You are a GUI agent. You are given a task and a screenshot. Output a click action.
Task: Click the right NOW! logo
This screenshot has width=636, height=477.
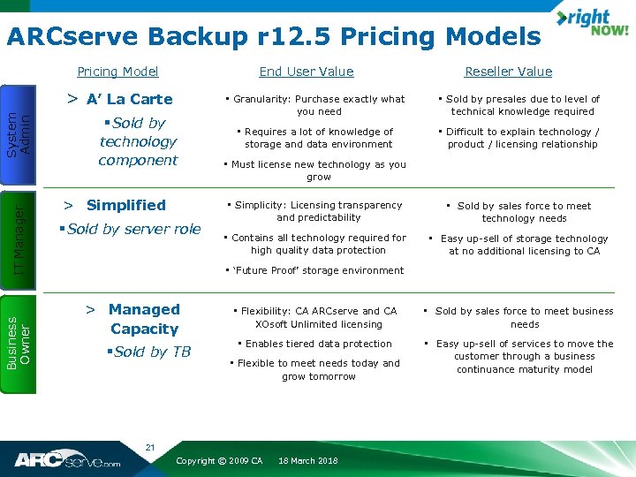pos(591,24)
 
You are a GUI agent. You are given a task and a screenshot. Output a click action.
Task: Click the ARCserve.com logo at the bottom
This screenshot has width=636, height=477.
pos(67,459)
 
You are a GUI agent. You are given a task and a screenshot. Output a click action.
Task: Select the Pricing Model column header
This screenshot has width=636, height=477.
pos(117,72)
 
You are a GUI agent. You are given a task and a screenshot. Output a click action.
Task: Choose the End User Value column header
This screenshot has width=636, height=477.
pos(306,72)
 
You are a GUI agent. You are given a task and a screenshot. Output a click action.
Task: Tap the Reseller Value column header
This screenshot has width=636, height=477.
pos(508,72)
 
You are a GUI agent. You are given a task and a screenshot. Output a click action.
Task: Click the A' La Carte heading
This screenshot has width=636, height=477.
pos(129,99)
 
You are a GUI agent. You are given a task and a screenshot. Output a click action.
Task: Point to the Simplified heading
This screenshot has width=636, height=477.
pos(125,205)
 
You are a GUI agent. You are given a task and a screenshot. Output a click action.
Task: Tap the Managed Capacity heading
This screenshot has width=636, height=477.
pos(144,319)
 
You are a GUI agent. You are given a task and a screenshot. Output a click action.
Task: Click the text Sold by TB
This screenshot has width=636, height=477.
pos(153,352)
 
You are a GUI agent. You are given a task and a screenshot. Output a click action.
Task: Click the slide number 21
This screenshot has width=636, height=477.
pos(150,448)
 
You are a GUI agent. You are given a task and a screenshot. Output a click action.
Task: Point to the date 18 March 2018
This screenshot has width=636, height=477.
pos(307,461)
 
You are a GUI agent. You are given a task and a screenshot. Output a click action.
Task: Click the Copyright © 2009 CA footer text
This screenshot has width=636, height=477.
pos(220,461)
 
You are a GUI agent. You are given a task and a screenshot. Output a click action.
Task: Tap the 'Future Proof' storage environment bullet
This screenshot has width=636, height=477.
pos(314,270)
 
